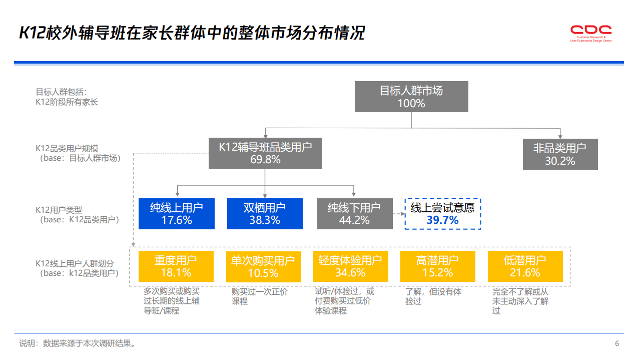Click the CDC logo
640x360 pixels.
[591, 33]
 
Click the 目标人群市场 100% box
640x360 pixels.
[411, 97]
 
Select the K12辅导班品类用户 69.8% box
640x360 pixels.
[265, 153]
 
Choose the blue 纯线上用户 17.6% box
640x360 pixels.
[177, 214]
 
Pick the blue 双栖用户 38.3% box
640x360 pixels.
[265, 214]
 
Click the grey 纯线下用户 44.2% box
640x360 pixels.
[354, 214]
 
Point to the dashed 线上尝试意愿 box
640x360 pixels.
[443, 214]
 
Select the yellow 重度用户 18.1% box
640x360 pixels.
[176, 266]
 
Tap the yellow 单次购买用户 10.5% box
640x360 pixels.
[263, 266]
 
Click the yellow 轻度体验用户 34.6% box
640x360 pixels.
[350, 266]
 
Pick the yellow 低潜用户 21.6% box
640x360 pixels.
[525, 266]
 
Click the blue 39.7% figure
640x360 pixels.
[443, 220]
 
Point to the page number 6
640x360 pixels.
[617, 343]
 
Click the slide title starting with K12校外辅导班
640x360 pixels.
[192, 33]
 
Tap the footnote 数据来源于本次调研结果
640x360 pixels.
[89, 344]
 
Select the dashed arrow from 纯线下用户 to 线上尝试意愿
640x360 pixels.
[398, 214]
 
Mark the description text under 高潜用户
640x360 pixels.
[433, 296]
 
